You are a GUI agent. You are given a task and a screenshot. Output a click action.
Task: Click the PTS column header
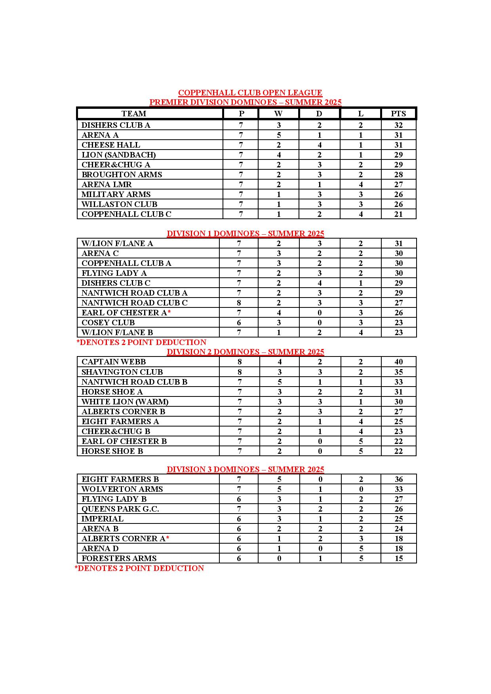pyautogui.click(x=398, y=114)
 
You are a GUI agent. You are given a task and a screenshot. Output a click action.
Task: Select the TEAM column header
pyautogui.click(x=134, y=114)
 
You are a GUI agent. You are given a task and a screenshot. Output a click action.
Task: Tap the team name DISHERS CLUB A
pyautogui.click(x=116, y=125)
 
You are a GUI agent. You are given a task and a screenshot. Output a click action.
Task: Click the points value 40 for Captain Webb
pyautogui.click(x=398, y=362)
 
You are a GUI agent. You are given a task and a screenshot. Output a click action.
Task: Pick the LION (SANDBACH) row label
pyautogui.click(x=118, y=155)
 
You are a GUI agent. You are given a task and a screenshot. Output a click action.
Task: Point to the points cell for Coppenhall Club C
pyautogui.click(x=398, y=214)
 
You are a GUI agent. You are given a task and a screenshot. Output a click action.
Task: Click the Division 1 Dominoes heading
pyautogui.click(x=245, y=233)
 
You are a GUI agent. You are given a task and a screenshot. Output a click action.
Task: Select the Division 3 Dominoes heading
pyautogui.click(x=245, y=469)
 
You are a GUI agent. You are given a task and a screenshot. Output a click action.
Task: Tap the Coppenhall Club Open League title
pyautogui.click(x=250, y=93)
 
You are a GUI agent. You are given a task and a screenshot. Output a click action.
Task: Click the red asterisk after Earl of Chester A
pyautogui.click(x=169, y=313)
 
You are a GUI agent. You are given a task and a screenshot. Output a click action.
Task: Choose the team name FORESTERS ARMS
pyautogui.click(x=119, y=558)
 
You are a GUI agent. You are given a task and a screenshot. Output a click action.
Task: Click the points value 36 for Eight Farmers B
pyautogui.click(x=398, y=479)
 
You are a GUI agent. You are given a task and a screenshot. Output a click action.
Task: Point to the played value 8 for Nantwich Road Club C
pyautogui.click(x=239, y=303)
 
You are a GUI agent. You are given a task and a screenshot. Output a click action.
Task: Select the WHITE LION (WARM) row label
pyautogui.click(x=125, y=402)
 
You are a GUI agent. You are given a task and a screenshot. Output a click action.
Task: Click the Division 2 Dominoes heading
pyautogui.click(x=245, y=352)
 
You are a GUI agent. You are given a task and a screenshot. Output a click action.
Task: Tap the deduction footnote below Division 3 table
pyautogui.click(x=139, y=568)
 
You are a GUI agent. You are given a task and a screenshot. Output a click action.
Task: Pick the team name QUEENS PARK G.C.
pyautogui.click(x=120, y=509)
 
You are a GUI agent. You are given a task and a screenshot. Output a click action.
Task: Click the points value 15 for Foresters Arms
pyautogui.click(x=398, y=558)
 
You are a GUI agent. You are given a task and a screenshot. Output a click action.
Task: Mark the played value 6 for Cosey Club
pyautogui.click(x=239, y=322)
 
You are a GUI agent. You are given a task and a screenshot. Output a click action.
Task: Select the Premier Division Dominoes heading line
pyautogui.click(x=245, y=102)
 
